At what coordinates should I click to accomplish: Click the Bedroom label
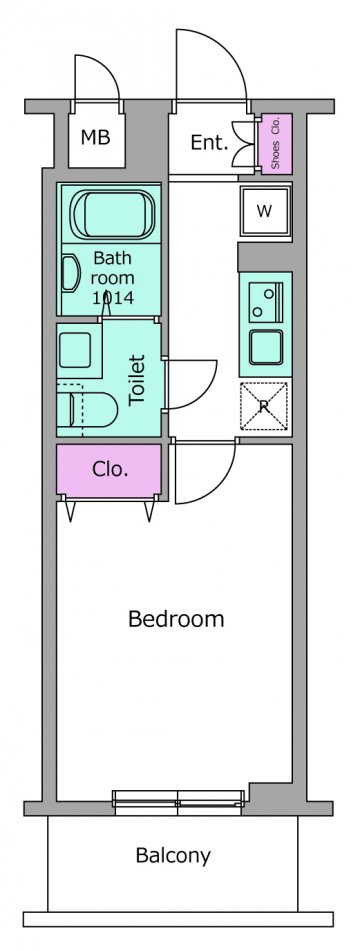[x=176, y=619]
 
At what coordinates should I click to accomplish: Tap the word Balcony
[x=173, y=856]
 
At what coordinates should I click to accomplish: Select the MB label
[x=96, y=138]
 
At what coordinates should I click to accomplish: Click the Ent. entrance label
[x=209, y=143]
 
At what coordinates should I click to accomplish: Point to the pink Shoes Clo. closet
[x=275, y=143]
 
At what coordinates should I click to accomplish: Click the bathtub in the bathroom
[x=113, y=215]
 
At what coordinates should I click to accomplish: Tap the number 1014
[x=113, y=297]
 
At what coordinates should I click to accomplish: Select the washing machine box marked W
[x=265, y=211]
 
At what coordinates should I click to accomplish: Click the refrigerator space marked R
[x=264, y=406]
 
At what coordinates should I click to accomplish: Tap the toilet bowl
[x=91, y=410]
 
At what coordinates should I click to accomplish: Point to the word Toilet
[x=138, y=380]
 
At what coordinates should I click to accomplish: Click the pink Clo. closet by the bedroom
[x=109, y=470]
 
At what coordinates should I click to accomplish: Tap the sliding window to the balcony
[x=178, y=801]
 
